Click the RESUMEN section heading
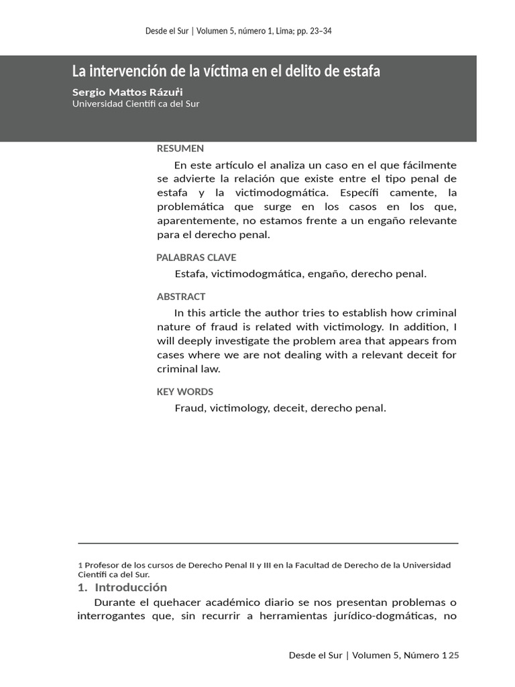[x=180, y=149]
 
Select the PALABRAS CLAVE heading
[x=196, y=258]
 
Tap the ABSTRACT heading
[x=181, y=297]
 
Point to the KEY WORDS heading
[x=185, y=392]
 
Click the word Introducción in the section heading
[x=131, y=588]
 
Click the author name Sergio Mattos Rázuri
[x=127, y=92]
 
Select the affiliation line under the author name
[x=135, y=104]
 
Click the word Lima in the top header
[x=275, y=31]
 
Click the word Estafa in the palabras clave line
[x=190, y=274]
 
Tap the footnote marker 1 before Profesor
[x=80, y=566]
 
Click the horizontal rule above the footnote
[x=268, y=543]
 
